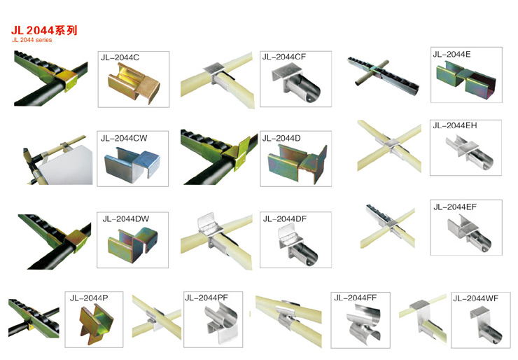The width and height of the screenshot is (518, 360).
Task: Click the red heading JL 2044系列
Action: [44, 30]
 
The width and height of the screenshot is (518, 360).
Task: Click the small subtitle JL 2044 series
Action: [31, 40]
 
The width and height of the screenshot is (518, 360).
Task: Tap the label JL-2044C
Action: [120, 57]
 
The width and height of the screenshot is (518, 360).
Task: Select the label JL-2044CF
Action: [284, 57]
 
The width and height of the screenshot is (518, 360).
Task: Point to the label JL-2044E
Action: [451, 54]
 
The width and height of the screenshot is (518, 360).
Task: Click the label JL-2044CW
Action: [124, 138]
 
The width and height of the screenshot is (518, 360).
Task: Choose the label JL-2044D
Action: [281, 138]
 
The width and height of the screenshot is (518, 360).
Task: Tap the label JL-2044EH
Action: [455, 125]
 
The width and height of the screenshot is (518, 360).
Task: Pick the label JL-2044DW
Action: [125, 219]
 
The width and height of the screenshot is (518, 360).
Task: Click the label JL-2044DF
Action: [285, 219]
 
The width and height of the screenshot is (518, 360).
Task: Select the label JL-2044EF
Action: [455, 207]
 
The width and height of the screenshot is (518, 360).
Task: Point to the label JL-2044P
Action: [89, 298]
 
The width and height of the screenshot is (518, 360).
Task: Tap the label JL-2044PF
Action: [206, 298]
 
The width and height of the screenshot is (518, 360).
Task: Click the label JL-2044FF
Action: [356, 298]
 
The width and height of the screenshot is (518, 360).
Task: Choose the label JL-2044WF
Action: [476, 298]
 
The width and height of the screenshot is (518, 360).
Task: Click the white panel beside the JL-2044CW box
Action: [66, 167]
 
